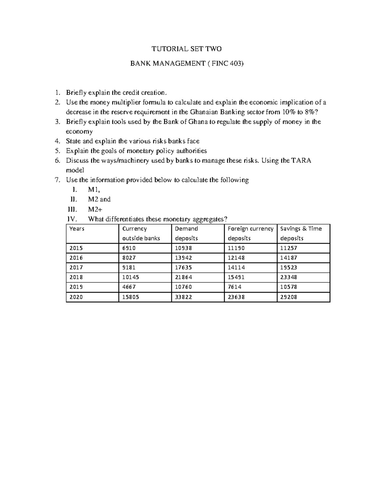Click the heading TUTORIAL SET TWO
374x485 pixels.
coord(186,49)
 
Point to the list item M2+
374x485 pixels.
coord(95,209)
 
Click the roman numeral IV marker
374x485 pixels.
coord(72,219)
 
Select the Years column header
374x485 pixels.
coord(77,229)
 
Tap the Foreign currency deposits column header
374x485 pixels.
coord(250,233)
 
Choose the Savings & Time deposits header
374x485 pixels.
coord(301,233)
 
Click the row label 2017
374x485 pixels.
coord(76,268)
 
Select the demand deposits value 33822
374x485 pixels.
coord(183,297)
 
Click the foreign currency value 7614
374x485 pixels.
coord(235,287)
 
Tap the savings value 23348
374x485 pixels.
coord(289,277)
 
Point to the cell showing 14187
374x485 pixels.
coord(289,258)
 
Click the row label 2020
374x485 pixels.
coord(76,297)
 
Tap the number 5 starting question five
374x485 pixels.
coord(57,151)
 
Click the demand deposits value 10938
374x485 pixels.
coord(183,248)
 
